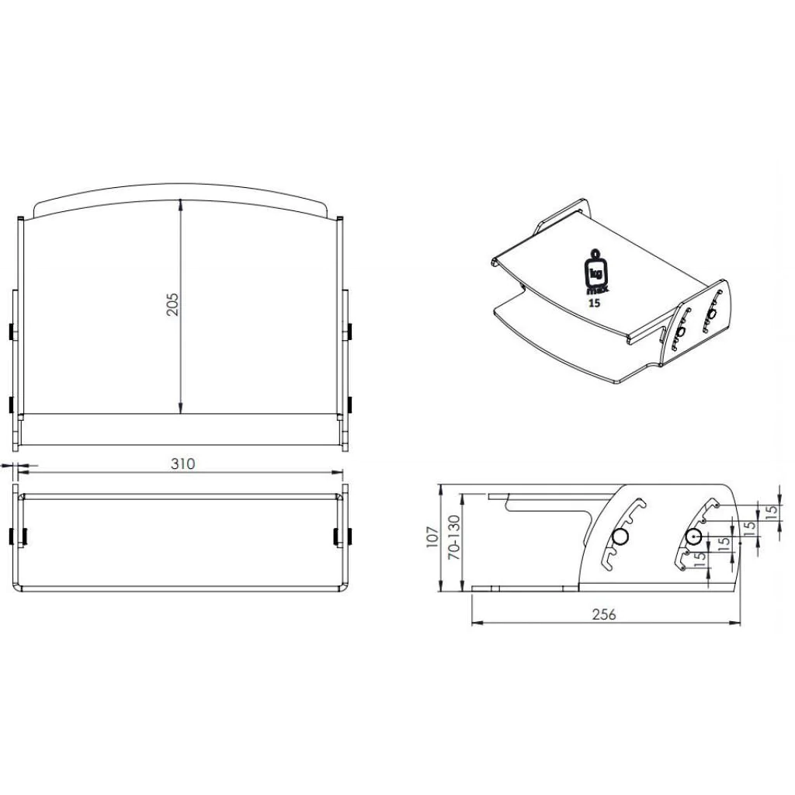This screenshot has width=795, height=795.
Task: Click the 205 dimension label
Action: (x=173, y=304)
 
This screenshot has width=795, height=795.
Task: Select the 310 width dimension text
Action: (x=182, y=464)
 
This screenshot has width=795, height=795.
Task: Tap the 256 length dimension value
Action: (x=604, y=614)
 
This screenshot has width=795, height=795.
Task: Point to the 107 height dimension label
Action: (x=432, y=536)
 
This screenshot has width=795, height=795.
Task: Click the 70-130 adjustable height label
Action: (x=453, y=537)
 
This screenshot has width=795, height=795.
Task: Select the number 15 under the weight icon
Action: (x=594, y=304)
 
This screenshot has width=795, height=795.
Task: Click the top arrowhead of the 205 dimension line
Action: (x=180, y=204)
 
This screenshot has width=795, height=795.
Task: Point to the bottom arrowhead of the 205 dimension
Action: (x=180, y=408)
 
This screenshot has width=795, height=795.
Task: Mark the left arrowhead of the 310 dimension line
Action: (x=23, y=472)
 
